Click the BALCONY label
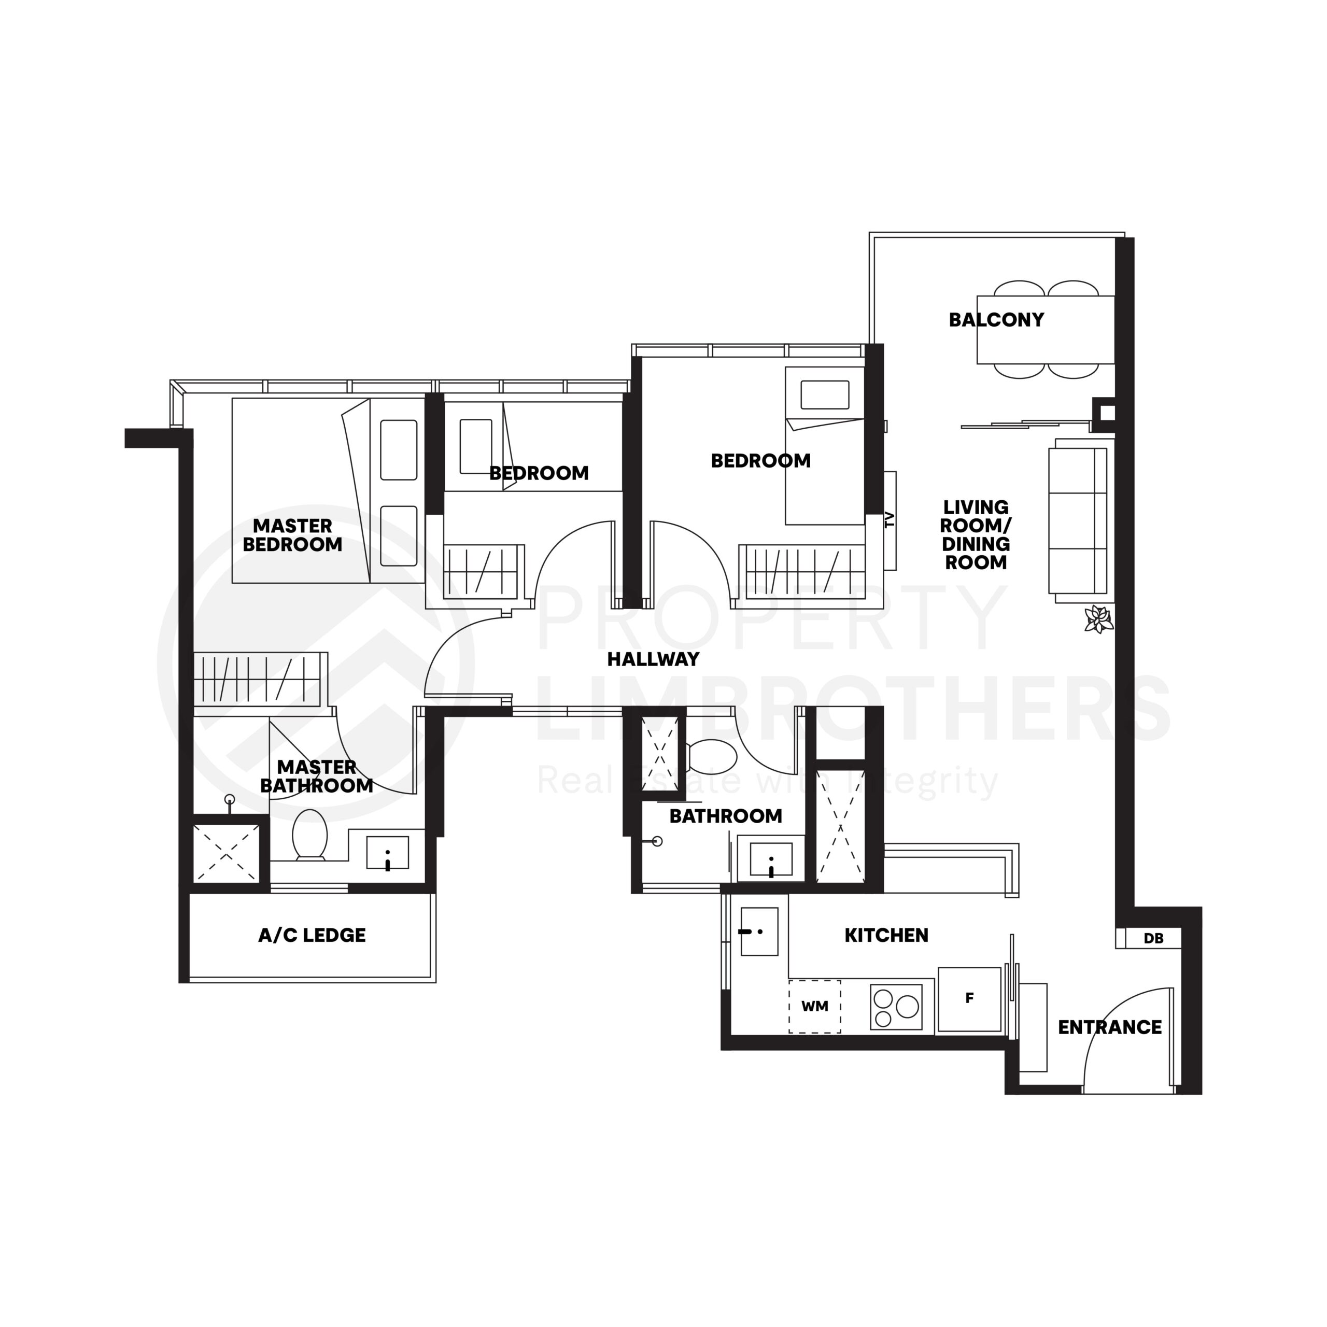pyautogui.click(x=996, y=320)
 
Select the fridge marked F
pyautogui.click(x=969, y=999)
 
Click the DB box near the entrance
pyautogui.click(x=1153, y=938)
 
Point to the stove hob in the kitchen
pyautogui.click(x=895, y=1007)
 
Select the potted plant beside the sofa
pyautogui.click(x=1098, y=619)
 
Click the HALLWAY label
pyautogui.click(x=653, y=659)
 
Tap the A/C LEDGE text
pyautogui.click(x=312, y=936)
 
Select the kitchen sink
pyautogui.click(x=759, y=931)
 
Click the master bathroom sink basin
pyautogui.click(x=387, y=853)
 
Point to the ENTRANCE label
pyautogui.click(x=1109, y=1027)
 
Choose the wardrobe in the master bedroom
pyautogui.click(x=258, y=679)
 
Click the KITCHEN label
pyautogui.click(x=886, y=936)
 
